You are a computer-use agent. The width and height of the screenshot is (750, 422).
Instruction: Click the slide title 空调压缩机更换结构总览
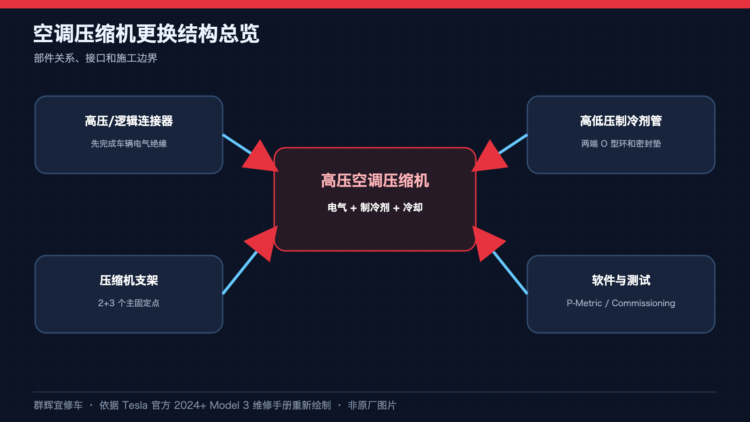[x=146, y=34]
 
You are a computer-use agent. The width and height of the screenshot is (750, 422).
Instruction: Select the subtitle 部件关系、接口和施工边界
[x=96, y=58]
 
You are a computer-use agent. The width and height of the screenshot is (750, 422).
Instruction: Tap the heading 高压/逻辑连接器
[x=129, y=121]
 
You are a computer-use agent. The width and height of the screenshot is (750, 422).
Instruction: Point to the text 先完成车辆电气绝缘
[x=129, y=143]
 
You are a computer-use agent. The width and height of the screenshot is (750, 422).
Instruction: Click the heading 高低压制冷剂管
[x=621, y=121]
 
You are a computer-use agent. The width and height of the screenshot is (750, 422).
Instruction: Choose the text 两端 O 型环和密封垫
[x=621, y=143]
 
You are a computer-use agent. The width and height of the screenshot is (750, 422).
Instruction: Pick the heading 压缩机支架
[x=129, y=280]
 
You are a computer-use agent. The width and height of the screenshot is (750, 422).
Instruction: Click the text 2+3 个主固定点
[x=129, y=303]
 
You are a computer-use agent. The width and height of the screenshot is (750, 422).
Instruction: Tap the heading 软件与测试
[x=621, y=280]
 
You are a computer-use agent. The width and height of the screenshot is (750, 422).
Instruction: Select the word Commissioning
[x=644, y=303]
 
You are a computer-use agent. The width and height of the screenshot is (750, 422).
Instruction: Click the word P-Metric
[x=584, y=303]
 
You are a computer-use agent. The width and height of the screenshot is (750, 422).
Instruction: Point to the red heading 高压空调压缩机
[x=375, y=181]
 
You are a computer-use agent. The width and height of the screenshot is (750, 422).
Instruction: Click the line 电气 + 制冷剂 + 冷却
[x=375, y=208]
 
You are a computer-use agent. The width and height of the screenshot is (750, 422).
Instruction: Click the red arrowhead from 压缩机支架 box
[x=263, y=242]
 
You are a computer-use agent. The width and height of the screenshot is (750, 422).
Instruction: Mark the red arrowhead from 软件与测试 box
[x=487, y=242]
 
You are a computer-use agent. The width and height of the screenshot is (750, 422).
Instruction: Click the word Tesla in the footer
[x=135, y=405]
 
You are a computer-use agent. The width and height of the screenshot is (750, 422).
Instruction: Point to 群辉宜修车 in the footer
[x=58, y=405]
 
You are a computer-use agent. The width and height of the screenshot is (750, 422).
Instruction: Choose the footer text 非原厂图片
[x=372, y=405]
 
